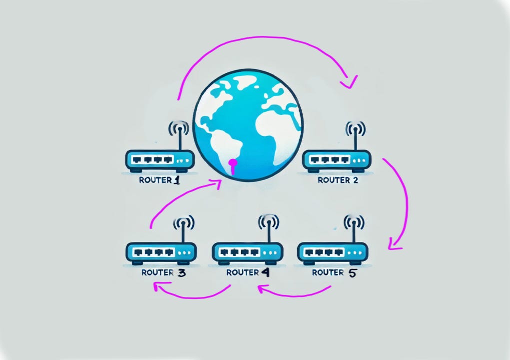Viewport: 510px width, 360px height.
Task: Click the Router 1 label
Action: (159, 180)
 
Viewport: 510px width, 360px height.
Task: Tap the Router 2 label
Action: (338, 180)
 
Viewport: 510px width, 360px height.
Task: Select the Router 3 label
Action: (164, 272)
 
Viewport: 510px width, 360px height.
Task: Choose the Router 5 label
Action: (334, 272)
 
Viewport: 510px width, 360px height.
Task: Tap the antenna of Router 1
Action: (178, 136)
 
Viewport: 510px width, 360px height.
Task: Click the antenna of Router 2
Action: (355, 136)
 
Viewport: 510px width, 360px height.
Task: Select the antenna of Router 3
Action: (183, 229)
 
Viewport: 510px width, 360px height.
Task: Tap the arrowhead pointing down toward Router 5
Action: (394, 244)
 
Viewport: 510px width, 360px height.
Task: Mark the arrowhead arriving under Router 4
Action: (262, 288)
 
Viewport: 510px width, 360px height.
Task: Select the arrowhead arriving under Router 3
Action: (158, 286)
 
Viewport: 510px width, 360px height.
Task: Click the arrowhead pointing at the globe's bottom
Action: (217, 184)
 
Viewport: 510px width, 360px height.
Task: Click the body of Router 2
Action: (337, 160)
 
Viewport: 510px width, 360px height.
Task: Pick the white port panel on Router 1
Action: (153, 159)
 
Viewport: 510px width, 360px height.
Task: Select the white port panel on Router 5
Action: (324, 252)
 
